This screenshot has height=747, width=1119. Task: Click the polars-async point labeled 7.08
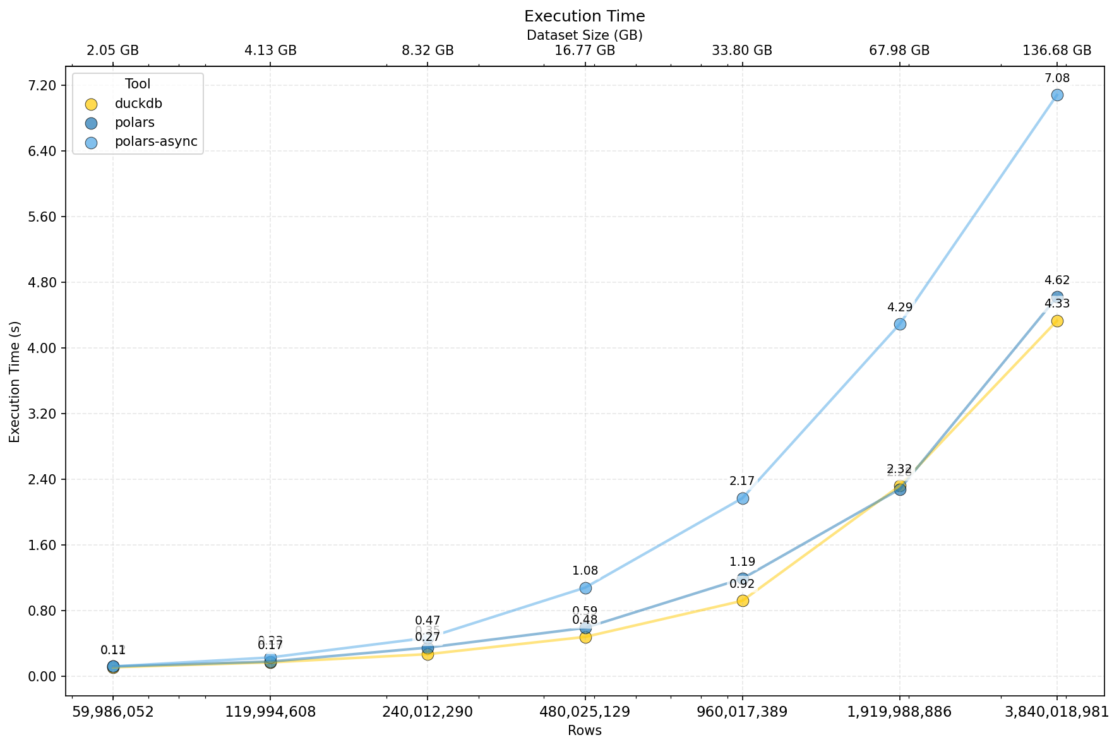1057,95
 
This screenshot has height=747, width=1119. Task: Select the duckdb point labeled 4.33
1057,321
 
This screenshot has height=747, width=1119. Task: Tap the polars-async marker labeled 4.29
900,324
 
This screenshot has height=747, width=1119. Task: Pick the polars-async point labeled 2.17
743,498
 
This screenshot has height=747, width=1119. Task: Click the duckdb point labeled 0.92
743,601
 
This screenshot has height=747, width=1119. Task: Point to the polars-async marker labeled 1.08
585,588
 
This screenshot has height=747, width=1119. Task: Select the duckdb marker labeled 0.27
428,654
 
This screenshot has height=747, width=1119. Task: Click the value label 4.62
1057,280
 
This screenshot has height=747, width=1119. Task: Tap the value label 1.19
742,562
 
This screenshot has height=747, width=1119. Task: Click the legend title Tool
138,84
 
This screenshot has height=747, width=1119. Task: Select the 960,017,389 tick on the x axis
742,712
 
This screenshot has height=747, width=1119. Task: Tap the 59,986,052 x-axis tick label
113,712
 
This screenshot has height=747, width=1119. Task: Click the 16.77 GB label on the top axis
585,51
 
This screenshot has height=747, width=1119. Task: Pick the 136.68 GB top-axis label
1057,51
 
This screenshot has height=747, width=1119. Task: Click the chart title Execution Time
585,16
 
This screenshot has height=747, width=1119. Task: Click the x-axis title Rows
585,731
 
